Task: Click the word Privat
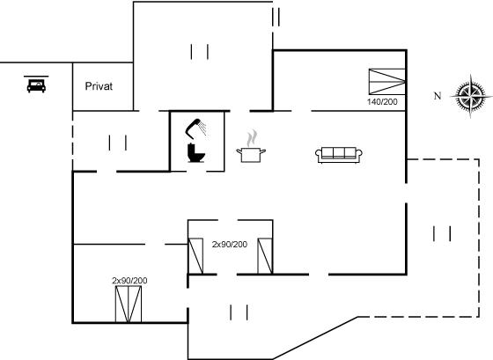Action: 99,86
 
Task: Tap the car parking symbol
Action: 36,85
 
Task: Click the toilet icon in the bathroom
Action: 196,153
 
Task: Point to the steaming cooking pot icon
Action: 251,147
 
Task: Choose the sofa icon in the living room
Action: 339,155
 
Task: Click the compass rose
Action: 471,96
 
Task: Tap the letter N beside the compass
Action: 438,96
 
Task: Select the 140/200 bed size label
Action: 382,101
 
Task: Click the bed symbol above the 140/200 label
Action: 387,82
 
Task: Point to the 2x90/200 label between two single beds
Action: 230,245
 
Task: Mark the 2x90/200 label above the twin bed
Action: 129,281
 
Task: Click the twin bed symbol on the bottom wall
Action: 129,305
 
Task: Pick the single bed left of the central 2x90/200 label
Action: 195,256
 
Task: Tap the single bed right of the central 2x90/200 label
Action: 265,256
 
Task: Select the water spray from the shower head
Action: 202,129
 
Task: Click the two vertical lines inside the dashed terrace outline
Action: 442,233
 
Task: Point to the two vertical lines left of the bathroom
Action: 118,143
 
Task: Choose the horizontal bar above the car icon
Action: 36,76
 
